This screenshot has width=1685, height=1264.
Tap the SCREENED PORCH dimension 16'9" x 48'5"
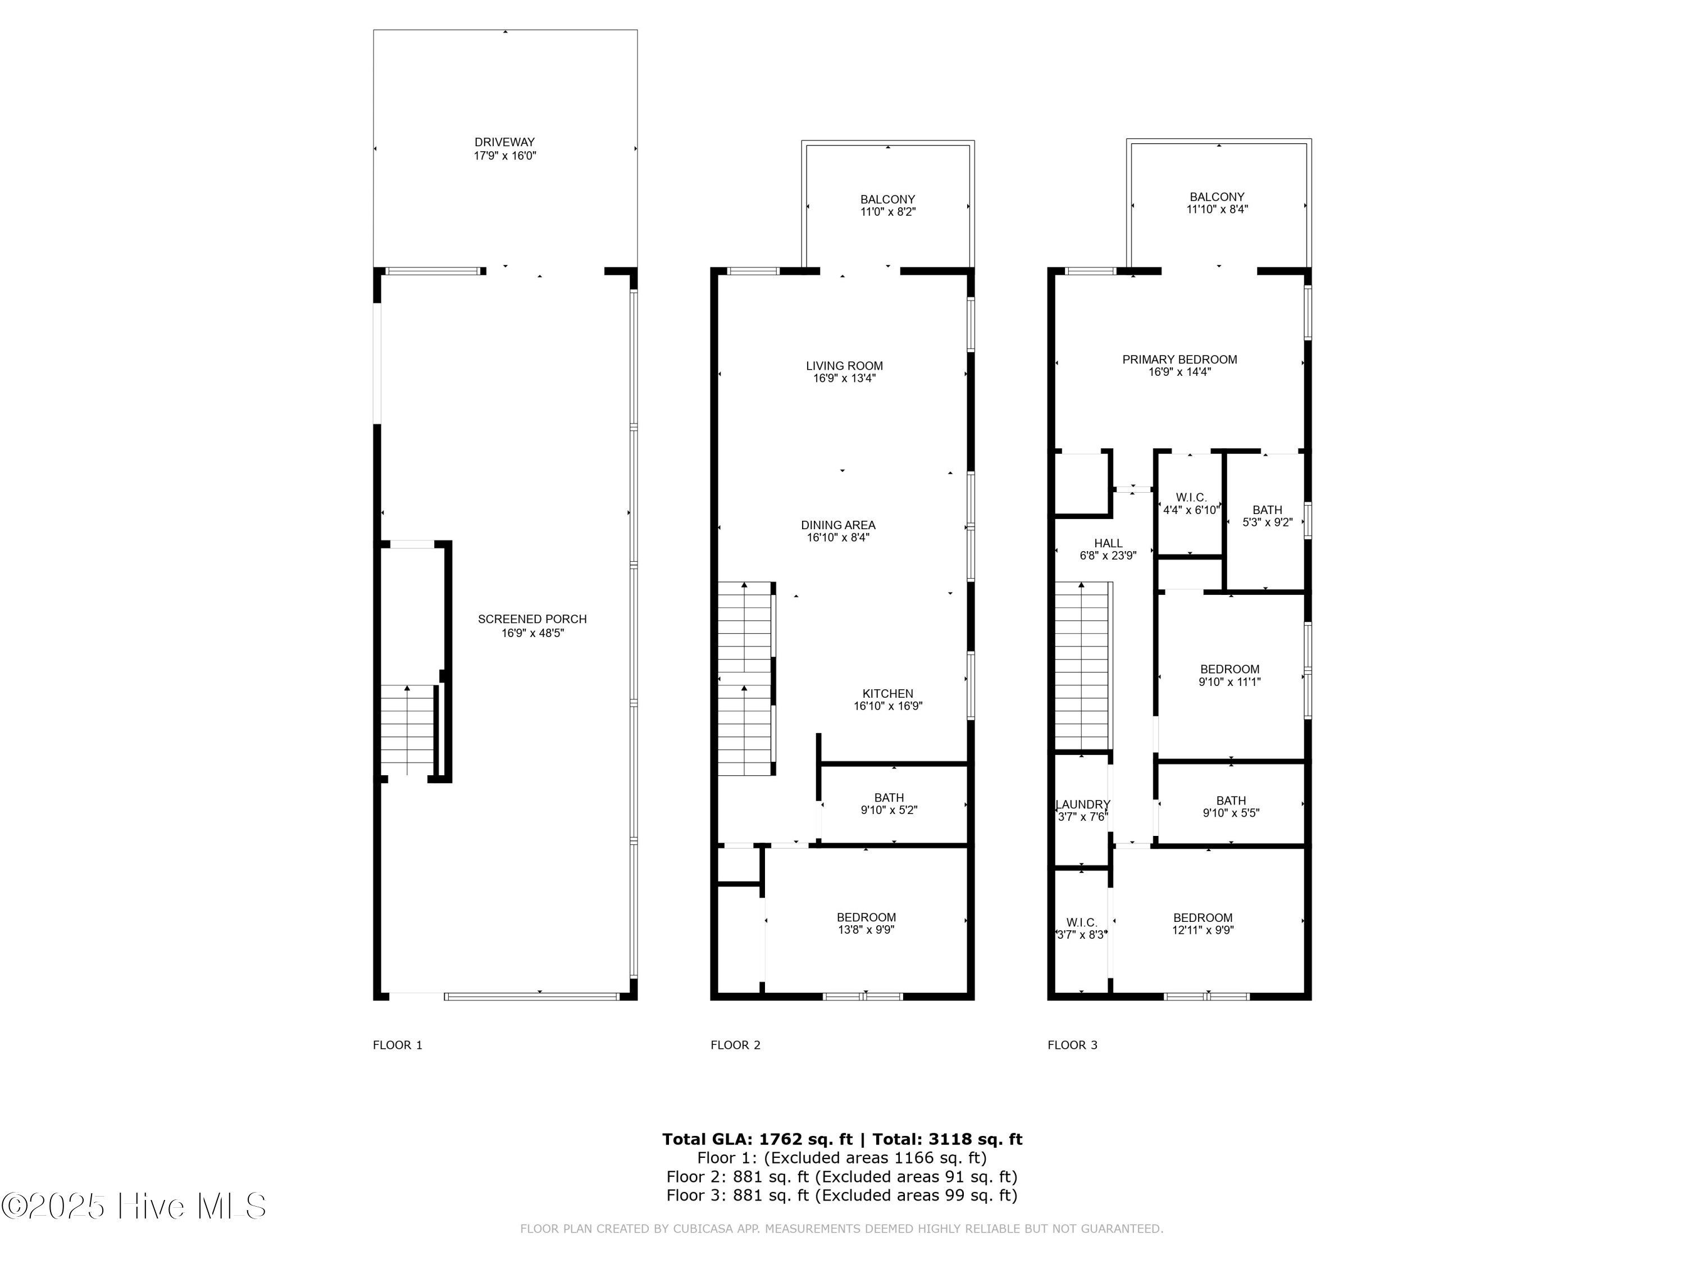pos(532,633)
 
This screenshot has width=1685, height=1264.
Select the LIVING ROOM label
pos(844,366)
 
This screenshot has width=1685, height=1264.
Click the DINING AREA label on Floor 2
pos(838,525)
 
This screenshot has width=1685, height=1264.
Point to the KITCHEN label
pos(887,693)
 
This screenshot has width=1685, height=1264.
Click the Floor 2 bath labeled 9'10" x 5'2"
pos(889,804)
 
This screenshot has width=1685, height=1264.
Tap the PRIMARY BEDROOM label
pos(1179,360)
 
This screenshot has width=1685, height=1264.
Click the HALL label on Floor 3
pos(1108,543)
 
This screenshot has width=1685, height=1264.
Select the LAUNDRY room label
pos(1082,804)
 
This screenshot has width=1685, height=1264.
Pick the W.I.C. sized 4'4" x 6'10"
pos(1191,503)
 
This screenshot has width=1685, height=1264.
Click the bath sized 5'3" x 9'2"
pos(1267,516)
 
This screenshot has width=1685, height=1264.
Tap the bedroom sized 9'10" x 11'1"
pos(1229,675)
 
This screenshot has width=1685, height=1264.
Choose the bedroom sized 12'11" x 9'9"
pos(1202,924)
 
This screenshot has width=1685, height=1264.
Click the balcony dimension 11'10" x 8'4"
pos(1217,210)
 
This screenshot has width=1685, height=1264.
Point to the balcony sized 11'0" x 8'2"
pos(887,205)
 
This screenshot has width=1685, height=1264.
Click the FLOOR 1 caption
pos(397,1044)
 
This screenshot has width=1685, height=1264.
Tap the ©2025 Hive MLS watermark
pos(134,1206)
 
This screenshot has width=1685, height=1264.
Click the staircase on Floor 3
pos(1081,667)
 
